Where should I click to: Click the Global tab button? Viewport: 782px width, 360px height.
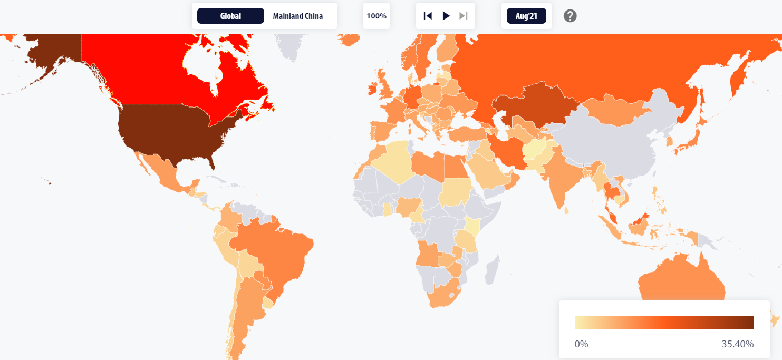[x=230, y=16]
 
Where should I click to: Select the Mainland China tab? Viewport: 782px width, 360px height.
[x=297, y=16]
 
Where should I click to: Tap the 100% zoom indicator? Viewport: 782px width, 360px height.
[x=376, y=16]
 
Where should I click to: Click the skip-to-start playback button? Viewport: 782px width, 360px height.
[x=428, y=16]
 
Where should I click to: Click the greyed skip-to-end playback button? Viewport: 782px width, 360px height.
[x=464, y=16]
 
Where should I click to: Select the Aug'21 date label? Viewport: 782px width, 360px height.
[x=526, y=16]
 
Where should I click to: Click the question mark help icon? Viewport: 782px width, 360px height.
[x=570, y=16]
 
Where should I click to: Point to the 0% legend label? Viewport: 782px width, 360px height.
[x=581, y=344]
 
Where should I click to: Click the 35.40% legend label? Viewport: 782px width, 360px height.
[x=738, y=344]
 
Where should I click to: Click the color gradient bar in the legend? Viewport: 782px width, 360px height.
[x=664, y=323]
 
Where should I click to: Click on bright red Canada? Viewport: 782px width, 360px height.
[x=158, y=74]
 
